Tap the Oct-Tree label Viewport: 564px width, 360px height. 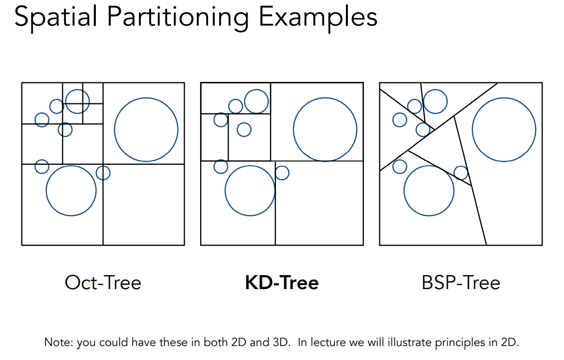click(x=103, y=283)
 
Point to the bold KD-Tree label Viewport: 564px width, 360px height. click(x=282, y=283)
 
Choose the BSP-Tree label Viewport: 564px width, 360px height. click(x=461, y=283)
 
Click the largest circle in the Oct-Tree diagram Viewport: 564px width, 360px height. click(x=146, y=129)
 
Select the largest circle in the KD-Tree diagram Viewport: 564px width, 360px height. click(x=325, y=129)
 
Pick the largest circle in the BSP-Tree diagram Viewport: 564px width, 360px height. click(x=504, y=129)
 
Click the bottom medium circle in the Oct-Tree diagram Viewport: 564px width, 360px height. click(x=71, y=190)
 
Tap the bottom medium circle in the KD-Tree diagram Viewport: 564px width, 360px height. click(x=250, y=190)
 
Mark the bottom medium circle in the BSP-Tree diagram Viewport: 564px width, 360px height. click(x=429, y=190)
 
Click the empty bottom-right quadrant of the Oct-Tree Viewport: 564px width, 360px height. click(x=144, y=205)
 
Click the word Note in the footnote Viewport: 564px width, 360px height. click(x=54, y=343)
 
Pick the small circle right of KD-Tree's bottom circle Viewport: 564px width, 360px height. click(x=282, y=173)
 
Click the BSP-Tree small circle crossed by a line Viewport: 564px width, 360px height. click(x=461, y=173)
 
